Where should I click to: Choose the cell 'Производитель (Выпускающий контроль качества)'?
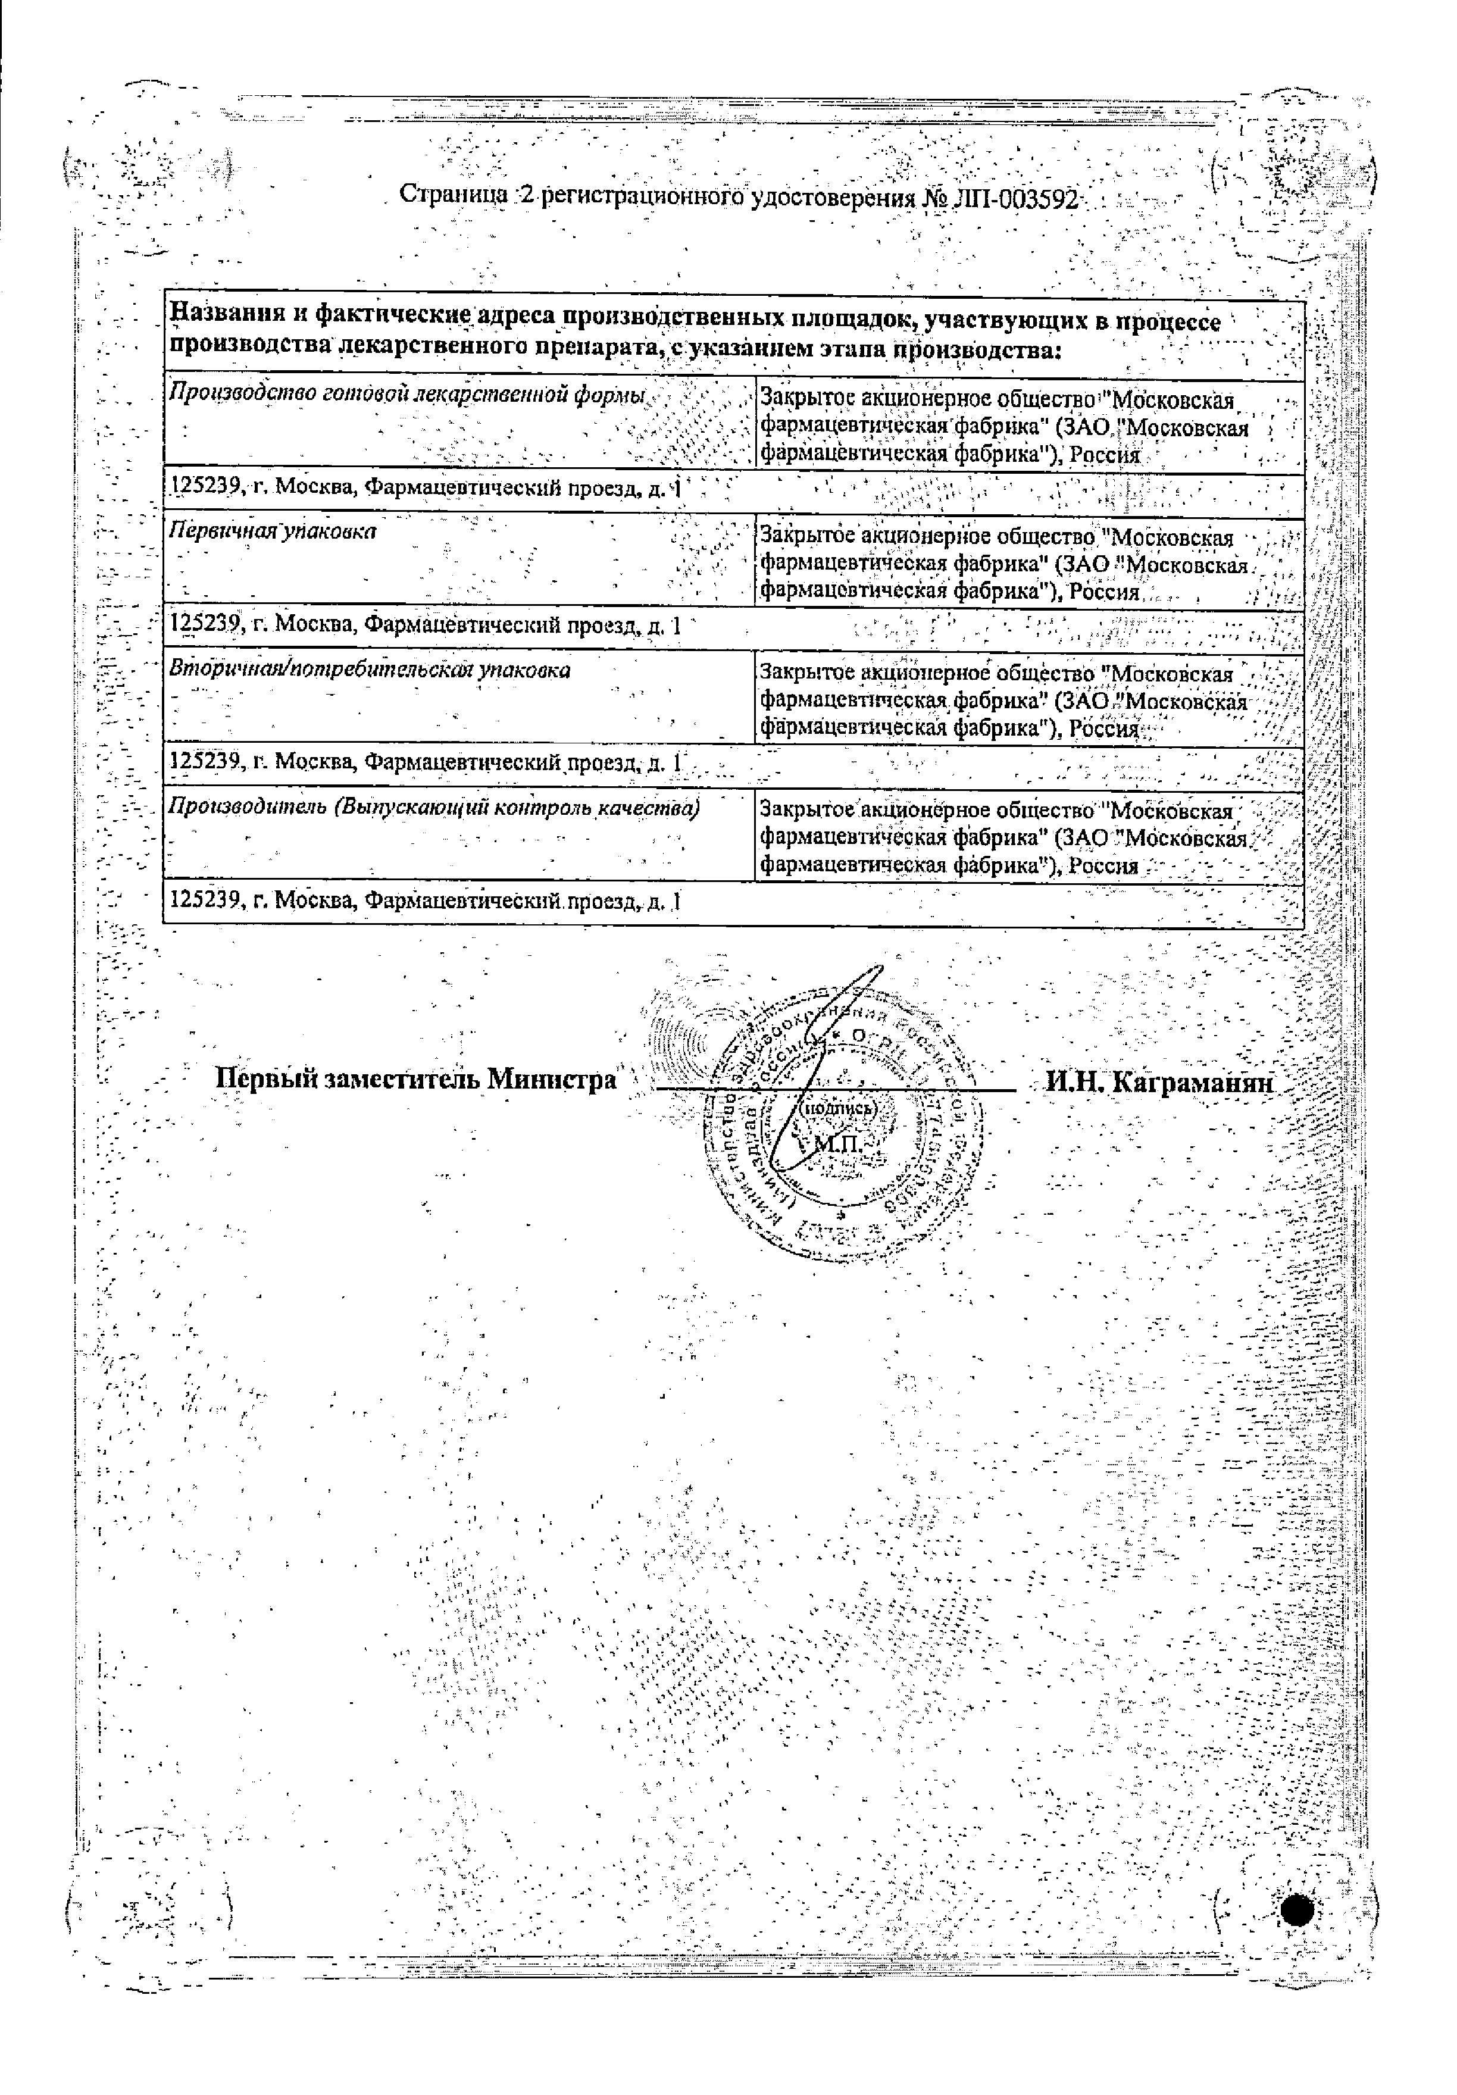[435, 808]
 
